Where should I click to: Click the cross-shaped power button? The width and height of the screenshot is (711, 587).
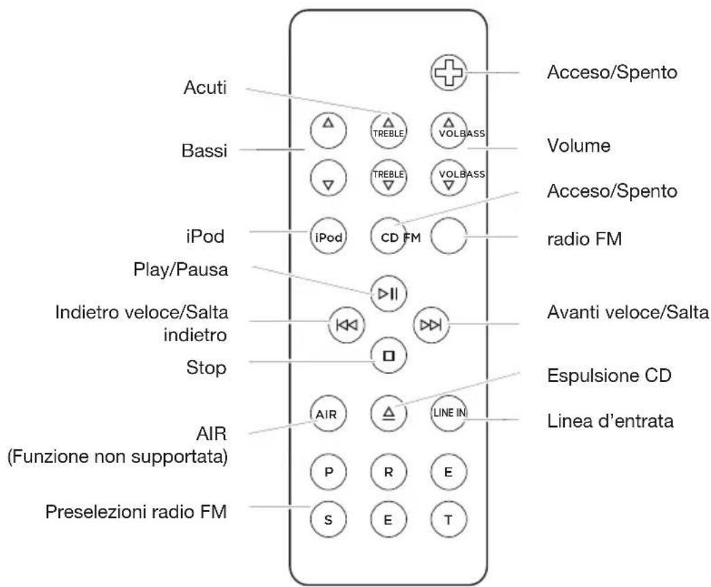[448, 73]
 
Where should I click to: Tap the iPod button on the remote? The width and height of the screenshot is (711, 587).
[329, 236]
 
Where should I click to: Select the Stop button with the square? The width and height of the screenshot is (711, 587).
[388, 355]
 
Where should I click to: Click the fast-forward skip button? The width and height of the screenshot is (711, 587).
[431, 325]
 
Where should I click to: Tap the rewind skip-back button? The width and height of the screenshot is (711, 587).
[346, 325]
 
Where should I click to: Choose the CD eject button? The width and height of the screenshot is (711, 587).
[388, 413]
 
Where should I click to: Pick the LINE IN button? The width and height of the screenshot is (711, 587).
[448, 413]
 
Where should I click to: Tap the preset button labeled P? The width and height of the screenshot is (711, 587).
[329, 472]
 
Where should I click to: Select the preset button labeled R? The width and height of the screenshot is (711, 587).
[388, 472]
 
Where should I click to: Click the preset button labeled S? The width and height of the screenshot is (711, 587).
[329, 520]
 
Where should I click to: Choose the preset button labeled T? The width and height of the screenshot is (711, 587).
[448, 520]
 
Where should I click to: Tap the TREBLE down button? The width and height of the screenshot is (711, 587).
[388, 178]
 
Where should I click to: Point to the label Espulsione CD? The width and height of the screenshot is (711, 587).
[609, 376]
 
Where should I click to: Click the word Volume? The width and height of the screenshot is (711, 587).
[578, 146]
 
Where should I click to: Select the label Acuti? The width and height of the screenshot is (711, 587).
[205, 88]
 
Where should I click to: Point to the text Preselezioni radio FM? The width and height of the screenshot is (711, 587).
[136, 512]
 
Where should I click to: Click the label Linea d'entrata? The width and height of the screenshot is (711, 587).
[610, 421]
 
